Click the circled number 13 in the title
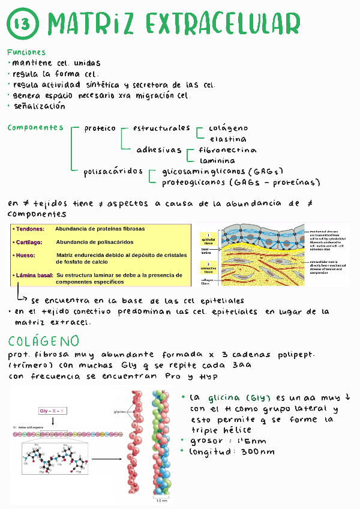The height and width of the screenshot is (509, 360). click(23, 25)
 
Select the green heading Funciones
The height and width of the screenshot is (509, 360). click(26, 52)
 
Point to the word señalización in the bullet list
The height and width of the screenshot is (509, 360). click(39, 106)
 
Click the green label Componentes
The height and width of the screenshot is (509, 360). click(35, 127)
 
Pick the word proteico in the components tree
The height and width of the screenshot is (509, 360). click(100, 128)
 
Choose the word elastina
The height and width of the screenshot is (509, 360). click(227, 139)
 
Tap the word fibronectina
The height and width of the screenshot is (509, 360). click(227, 150)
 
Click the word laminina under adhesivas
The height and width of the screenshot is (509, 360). click(217, 161)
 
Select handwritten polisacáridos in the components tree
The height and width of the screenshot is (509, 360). click(113, 172)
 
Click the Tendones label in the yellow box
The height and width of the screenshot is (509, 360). click(28, 229)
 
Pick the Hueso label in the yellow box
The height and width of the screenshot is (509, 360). click(25, 255)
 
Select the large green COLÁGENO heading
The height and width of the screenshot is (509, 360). click(44, 341)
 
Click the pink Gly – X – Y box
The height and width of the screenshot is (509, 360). click(53, 411)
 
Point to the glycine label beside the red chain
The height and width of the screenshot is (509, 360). click(120, 412)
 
